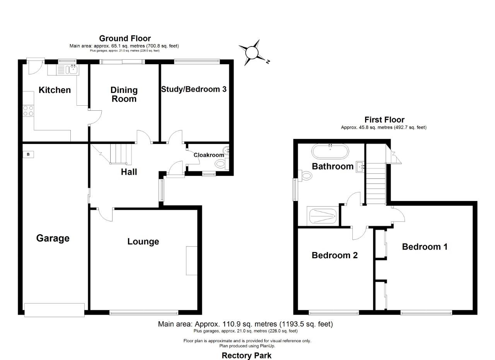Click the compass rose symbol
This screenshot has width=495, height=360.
252,52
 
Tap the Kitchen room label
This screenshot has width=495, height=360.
55,90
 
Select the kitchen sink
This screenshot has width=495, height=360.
72,70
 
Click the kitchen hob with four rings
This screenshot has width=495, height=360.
28,111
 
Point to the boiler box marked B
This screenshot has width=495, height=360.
28,155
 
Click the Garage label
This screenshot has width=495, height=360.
53,238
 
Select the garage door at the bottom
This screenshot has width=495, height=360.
54,310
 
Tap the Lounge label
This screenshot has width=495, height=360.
143,242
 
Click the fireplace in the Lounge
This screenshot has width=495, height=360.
191,261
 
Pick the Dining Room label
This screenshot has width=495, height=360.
124,94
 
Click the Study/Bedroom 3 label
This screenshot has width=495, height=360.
194,89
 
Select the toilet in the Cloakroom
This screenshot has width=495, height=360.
221,165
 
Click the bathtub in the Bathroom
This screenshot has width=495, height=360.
330,151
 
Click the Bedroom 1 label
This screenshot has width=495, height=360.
425,247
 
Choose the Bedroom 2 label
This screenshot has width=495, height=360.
335,255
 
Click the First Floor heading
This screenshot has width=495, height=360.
384,120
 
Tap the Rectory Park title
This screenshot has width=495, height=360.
246,355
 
